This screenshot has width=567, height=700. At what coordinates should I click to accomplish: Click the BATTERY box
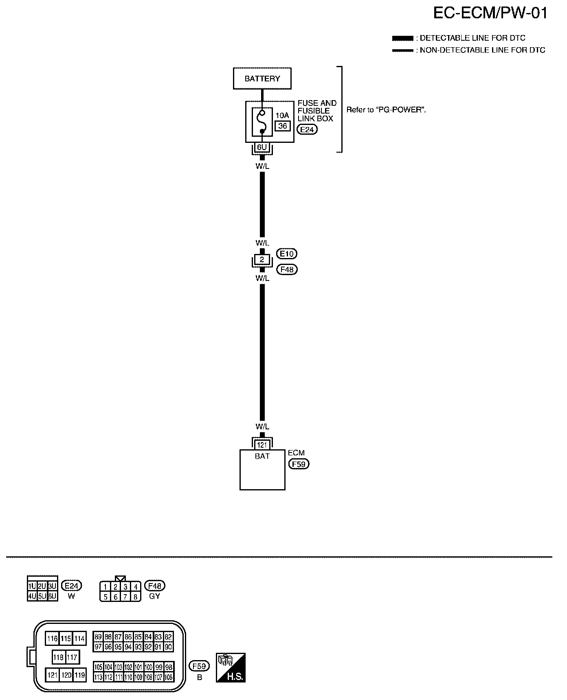coord(262,79)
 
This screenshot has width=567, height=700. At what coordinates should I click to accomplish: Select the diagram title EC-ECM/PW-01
coord(490,13)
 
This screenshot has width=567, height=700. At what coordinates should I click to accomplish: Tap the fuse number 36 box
coord(283,126)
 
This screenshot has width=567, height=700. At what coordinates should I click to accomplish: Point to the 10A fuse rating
coord(282,116)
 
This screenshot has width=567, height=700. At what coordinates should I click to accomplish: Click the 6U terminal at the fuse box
coord(262,147)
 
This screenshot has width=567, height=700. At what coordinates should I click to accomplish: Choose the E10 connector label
coord(287,254)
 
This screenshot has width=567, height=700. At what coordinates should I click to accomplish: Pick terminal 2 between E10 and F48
coord(262,260)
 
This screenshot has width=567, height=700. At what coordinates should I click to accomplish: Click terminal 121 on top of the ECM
coord(262,445)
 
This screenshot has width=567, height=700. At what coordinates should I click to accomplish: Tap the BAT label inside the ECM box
coord(262,456)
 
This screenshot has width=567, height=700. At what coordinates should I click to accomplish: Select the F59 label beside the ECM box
coord(299,464)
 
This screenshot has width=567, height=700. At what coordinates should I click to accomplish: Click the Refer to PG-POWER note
coord(386,110)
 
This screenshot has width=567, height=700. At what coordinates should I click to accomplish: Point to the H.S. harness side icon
coord(231,667)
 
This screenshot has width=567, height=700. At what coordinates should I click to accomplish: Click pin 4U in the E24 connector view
coord(32,596)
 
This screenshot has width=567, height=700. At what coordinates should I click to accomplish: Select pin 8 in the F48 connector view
coord(136,597)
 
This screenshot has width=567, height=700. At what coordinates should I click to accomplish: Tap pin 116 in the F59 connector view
coord(52,639)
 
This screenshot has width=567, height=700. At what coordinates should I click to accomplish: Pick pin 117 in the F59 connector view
coord(72,657)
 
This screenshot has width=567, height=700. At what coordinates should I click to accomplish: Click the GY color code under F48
coord(155,596)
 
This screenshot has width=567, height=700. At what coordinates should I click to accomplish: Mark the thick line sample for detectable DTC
coord(403,38)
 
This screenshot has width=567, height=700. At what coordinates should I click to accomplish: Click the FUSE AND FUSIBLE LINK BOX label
coord(316,111)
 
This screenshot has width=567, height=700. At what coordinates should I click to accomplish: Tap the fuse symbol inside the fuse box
coord(262,121)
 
